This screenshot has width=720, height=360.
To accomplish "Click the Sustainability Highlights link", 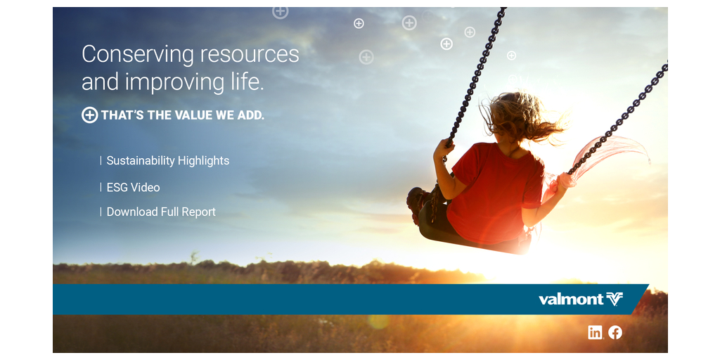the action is coord(167,161).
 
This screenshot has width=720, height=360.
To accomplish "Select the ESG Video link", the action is coord(133,187).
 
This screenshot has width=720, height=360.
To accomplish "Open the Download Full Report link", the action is coord(161,212).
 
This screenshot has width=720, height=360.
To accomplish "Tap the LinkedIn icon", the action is coord(595,333).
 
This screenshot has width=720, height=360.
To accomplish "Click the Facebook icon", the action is coord(615,333).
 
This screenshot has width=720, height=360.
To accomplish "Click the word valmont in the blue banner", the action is coord(571,300).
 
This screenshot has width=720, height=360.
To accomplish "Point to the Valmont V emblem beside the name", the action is coord(615,300).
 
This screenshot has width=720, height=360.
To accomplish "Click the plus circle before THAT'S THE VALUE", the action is coord(89,115).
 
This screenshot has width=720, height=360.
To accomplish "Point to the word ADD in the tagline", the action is coord(251,115).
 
